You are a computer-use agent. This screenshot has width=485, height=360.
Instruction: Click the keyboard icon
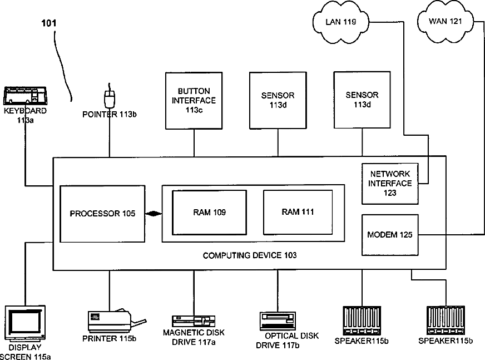pos(24,96)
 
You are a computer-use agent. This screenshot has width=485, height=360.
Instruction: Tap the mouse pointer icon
pos(110,98)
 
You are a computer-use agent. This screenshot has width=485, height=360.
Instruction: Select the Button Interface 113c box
pos(194,101)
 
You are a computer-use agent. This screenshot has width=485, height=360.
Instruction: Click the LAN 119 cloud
pos(341,22)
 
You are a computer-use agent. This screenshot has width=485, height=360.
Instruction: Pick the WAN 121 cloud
pos(446,21)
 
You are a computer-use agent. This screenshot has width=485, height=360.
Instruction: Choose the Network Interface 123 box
pos(390,184)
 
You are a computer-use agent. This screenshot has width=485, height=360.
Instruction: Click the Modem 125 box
pos(390,235)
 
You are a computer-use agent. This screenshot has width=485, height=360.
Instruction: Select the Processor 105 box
pos(102,214)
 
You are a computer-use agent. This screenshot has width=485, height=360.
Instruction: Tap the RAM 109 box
pos(209,213)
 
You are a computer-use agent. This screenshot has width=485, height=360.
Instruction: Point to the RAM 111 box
pos(298,212)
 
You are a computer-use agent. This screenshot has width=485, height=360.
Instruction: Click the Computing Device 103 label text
pos(250,255)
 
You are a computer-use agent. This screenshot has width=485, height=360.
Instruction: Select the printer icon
pos(117,320)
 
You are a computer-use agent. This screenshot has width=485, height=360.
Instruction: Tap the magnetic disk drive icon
pos(194,321)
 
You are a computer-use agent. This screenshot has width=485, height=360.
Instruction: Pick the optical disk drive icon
pos(278,321)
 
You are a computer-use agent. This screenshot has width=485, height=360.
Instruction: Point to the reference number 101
pos(49,23)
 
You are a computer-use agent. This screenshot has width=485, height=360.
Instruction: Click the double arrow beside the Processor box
pos(154,214)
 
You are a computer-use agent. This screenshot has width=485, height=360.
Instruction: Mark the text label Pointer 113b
pos(110,115)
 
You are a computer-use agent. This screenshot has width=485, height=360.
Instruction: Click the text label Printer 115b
pos(109,339)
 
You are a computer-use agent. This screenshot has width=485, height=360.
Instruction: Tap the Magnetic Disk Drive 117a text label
pos(194,337)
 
